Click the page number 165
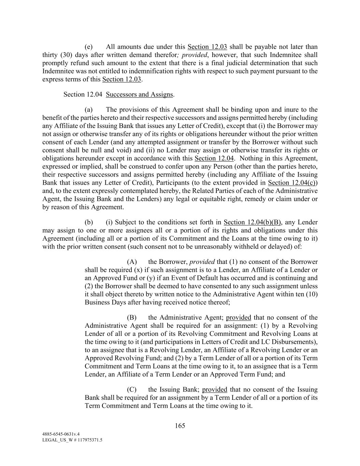(x=180, y=425)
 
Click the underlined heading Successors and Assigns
(x=139, y=94)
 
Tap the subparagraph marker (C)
(x=132, y=390)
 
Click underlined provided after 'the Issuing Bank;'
(x=215, y=390)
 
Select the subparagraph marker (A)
(x=132, y=262)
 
